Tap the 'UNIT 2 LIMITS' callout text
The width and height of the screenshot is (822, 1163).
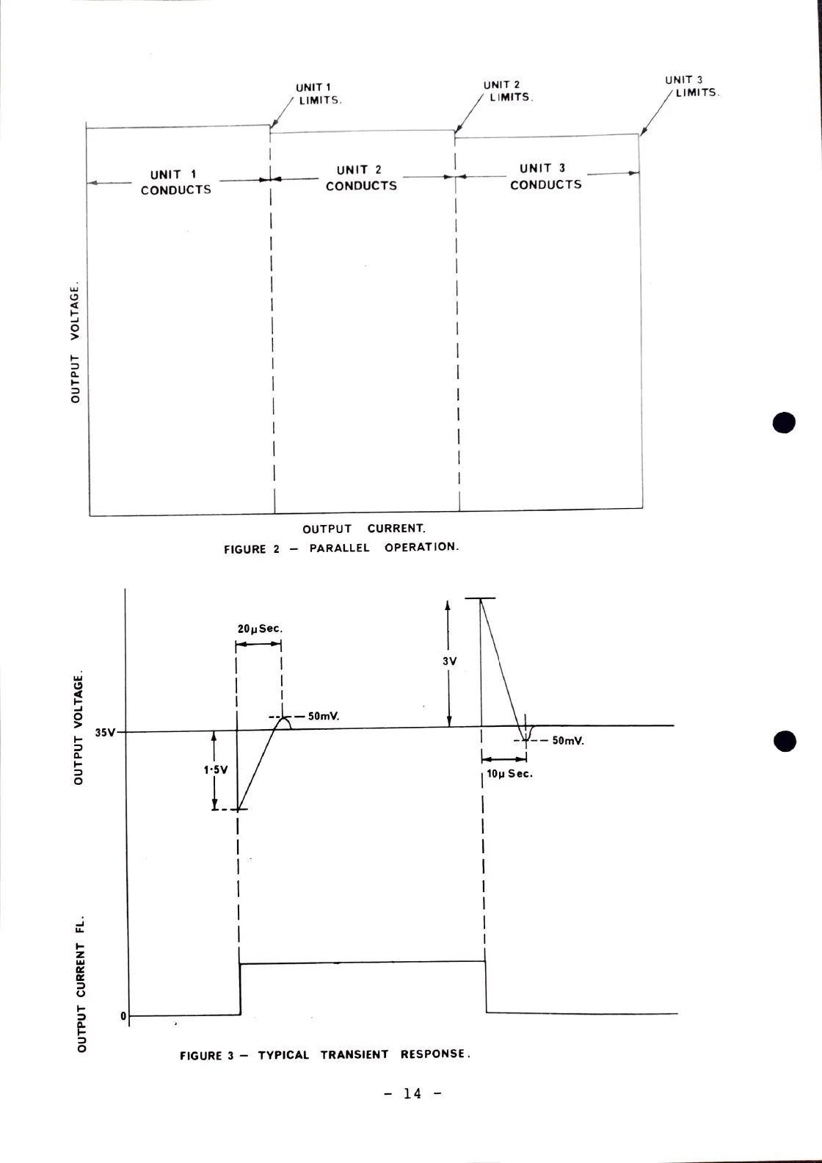coord(506,91)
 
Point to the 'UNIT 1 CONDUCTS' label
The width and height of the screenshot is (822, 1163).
coord(175,182)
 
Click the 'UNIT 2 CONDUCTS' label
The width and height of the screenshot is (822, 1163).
coord(361,178)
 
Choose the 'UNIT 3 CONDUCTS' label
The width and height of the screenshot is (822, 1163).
coord(545,177)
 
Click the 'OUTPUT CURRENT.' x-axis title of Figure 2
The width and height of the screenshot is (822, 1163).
coord(364,529)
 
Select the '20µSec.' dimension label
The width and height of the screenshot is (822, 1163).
coord(260,629)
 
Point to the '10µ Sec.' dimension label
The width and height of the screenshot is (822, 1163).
coord(510,773)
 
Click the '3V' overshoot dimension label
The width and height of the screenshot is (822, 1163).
coord(450,662)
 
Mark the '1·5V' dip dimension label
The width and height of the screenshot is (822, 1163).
coord(216,770)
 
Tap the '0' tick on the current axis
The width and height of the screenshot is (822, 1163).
coord(123,1016)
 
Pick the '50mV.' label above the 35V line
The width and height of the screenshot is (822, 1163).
coord(324,717)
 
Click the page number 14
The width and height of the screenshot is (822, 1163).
coord(413,1093)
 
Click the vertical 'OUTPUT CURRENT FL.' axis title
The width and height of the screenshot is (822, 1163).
coord(83,983)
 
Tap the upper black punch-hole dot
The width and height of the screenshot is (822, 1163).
coord(784,423)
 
